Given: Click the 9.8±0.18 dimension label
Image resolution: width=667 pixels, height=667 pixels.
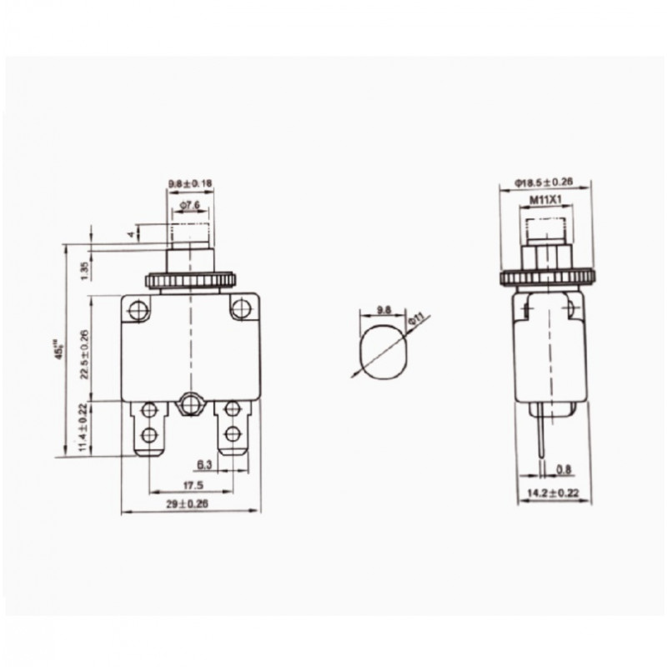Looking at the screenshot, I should tap(191, 183).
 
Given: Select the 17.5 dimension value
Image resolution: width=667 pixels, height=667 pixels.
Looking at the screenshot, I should tap(191, 484).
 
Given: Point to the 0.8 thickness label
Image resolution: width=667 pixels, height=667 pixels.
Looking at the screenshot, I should tap(564, 469).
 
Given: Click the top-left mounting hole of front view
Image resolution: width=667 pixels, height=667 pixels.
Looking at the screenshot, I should tap(139, 311).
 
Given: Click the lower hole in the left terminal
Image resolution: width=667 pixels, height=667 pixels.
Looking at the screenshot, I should tap(151, 434).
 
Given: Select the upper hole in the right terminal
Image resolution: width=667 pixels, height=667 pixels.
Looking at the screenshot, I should tap(231, 409).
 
